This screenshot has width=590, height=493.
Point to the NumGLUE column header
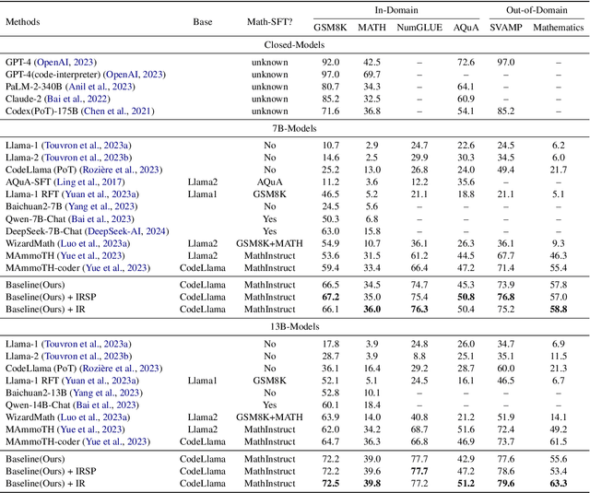pyautogui.click(x=419, y=28)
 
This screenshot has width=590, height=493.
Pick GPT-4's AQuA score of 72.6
pyautogui.click(x=466, y=62)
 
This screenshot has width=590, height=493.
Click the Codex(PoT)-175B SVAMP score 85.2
pyautogui.click(x=506, y=111)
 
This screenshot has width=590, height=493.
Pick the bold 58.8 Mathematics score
pyautogui.click(x=559, y=311)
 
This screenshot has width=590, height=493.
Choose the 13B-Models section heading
pyautogui.click(x=295, y=327)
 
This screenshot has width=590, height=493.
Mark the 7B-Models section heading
pyautogui.click(x=295, y=129)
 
